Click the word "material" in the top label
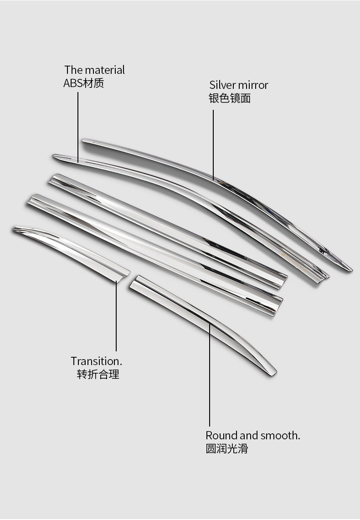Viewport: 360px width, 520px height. coord(103,70)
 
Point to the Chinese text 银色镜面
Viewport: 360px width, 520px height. coord(230,98)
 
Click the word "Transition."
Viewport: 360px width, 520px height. coord(97,361)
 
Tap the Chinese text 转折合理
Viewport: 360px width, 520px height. coord(98,375)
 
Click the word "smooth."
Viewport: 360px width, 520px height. coord(280,435)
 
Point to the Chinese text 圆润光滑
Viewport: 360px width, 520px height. coord(226,448)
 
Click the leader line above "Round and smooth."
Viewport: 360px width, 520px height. coord(210,374)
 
